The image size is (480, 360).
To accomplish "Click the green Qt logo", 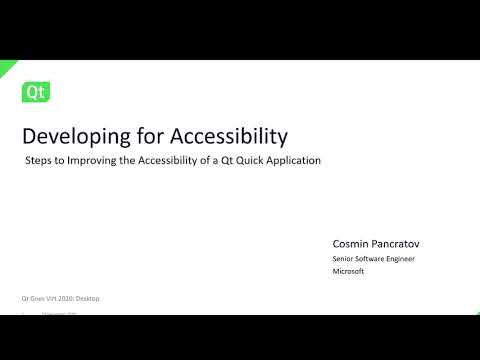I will (36, 93).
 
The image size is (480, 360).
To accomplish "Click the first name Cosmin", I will (350, 243).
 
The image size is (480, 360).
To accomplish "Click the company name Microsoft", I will (348, 270).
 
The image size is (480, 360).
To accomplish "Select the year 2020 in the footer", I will (68, 298).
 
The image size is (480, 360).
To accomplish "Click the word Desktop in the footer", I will (88, 298).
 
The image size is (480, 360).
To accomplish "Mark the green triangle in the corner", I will (5, 66).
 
